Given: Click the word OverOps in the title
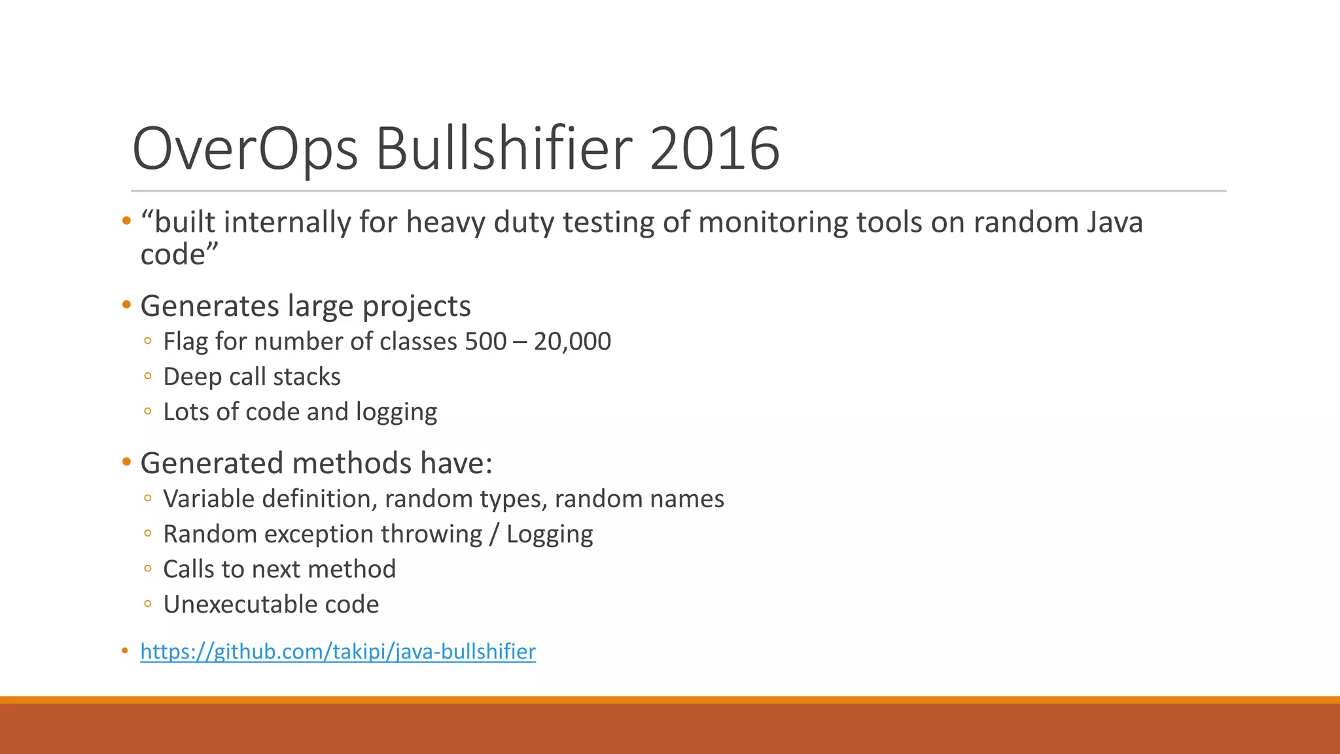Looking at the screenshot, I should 245,149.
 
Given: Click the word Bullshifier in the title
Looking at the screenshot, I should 504,149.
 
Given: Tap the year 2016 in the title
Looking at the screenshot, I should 714,149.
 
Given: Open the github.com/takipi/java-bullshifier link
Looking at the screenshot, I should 338,652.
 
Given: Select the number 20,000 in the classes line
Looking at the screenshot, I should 572,342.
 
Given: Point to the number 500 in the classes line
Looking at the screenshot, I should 485,342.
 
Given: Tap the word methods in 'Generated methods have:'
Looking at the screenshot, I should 351,463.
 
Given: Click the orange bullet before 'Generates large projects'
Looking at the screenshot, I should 127,304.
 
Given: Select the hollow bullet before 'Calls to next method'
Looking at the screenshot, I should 148,569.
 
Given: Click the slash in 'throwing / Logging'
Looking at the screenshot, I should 494,534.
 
